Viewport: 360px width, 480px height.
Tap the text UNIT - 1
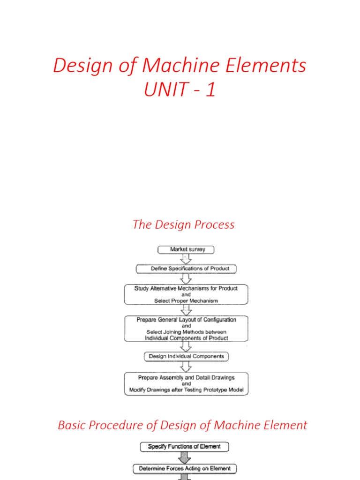coord(180,89)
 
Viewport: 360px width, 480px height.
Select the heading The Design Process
coord(183,225)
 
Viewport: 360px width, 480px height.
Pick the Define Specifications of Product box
coord(186,269)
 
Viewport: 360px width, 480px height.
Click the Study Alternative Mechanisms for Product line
coord(186,288)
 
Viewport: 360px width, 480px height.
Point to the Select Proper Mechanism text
coord(186,301)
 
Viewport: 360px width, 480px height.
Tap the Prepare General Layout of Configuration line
coord(186,320)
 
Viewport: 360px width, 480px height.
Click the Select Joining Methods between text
coord(186,332)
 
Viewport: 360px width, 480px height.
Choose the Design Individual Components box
coord(186,356)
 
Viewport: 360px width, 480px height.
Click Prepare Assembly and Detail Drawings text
coord(186,377)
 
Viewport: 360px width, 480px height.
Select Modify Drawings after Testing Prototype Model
coord(186,390)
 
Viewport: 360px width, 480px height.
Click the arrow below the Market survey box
coord(186,259)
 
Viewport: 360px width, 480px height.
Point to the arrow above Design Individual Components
coord(186,346)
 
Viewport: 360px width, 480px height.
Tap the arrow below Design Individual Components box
coord(186,367)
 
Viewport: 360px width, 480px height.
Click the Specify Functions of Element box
coord(184,446)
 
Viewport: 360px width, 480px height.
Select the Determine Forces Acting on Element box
coord(184,468)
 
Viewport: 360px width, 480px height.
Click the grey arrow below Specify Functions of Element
coord(184,457)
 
